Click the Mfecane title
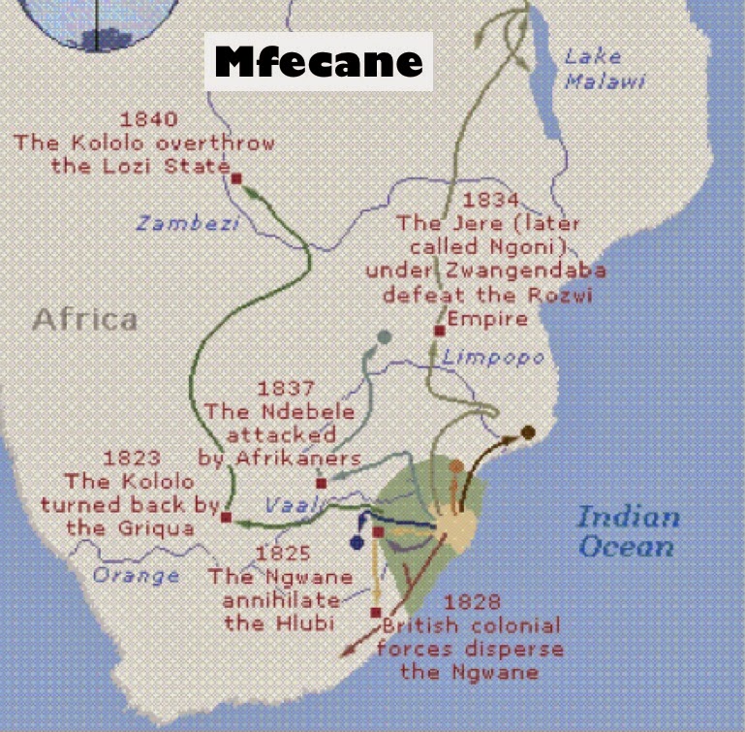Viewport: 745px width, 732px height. (319, 62)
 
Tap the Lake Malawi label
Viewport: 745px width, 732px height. (605, 69)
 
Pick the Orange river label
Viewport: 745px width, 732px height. (136, 575)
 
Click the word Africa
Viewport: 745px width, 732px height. (85, 319)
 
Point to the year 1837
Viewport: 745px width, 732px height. (286, 389)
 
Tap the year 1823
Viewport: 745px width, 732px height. (132, 459)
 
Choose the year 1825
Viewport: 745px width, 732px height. (282, 554)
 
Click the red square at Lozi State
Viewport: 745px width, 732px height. (236, 177)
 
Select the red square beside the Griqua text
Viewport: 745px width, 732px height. (226, 518)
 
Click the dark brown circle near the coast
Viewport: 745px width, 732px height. (528, 431)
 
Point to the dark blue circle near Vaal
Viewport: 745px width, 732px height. (357, 543)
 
